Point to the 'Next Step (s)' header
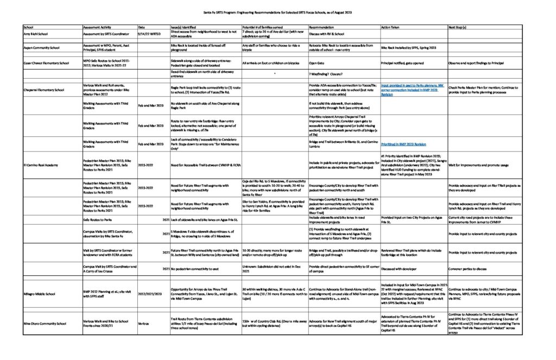[x=458, y=27]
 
